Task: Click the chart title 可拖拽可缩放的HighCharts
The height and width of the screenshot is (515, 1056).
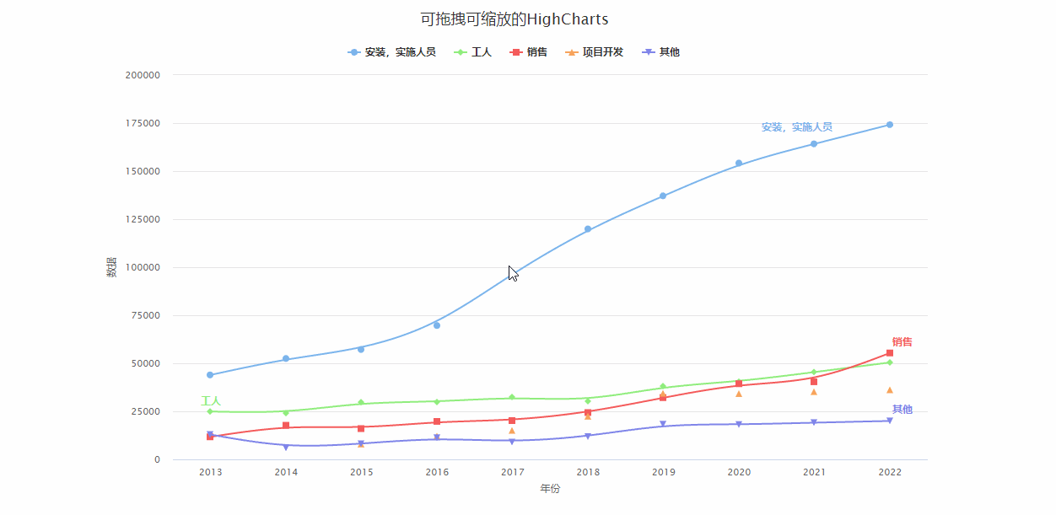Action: [514, 19]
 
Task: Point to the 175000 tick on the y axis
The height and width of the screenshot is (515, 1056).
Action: [143, 123]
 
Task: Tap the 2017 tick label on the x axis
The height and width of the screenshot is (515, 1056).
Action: [512, 473]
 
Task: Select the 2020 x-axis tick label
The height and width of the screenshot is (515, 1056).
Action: [739, 473]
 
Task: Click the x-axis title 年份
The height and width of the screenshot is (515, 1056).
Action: [550, 489]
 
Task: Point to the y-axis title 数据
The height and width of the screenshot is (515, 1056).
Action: [111, 267]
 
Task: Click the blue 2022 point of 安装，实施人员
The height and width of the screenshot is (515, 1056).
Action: [889, 125]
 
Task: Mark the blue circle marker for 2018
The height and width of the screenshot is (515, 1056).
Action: [588, 229]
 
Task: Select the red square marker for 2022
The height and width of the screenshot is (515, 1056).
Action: [889, 353]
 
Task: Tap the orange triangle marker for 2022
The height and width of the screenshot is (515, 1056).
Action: [889, 390]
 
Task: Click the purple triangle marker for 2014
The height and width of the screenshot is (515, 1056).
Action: [286, 447]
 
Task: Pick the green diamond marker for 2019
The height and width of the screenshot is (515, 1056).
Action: [663, 387]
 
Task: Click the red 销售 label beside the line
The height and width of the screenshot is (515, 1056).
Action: [902, 342]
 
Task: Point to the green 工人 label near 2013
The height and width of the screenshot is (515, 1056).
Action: [210, 401]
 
